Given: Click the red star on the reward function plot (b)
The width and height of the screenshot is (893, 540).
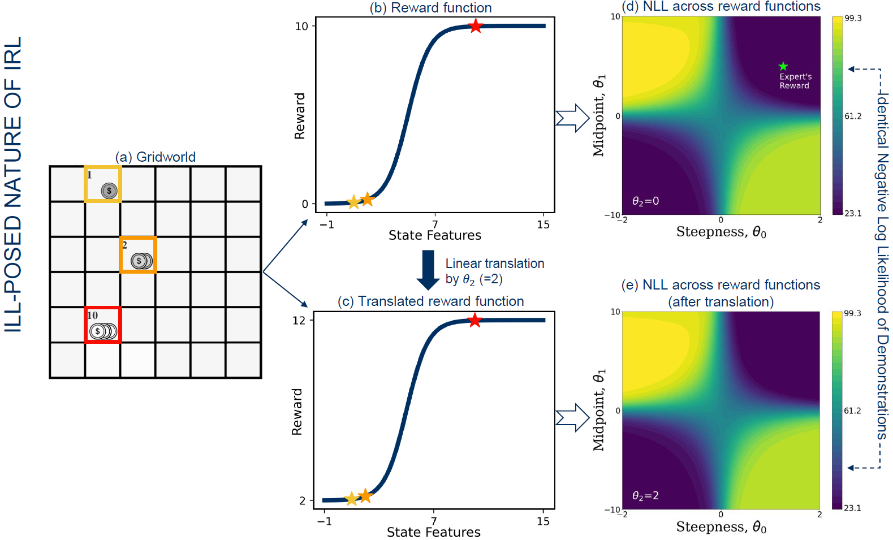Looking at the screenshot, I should tap(476, 26).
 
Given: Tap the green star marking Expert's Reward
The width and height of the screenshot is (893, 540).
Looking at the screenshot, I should tap(783, 66).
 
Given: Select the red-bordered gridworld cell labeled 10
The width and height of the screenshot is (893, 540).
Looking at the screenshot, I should tap(103, 325).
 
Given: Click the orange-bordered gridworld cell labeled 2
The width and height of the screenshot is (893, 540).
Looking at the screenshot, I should tap(138, 254).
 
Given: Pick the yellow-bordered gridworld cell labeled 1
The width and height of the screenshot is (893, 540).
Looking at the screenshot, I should tap(103, 184).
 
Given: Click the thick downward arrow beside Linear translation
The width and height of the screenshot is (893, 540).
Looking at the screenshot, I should tap(428, 270).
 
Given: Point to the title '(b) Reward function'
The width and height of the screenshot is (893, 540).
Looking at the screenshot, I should tap(430, 8).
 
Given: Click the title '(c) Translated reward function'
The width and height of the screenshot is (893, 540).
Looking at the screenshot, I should tap(430, 301).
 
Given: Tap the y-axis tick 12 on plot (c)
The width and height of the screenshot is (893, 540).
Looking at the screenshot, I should tap(299, 321).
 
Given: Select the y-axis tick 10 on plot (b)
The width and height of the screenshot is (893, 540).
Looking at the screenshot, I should tap(301, 27).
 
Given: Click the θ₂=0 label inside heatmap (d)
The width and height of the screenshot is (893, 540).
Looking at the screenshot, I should tap(645, 201).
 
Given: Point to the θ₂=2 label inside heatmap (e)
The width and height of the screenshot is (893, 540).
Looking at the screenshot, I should tap(645, 496).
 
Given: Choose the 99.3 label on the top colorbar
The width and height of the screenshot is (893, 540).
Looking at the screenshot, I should tap(853, 18).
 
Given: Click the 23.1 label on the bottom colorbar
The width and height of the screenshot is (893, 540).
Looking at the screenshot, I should tap(852, 508).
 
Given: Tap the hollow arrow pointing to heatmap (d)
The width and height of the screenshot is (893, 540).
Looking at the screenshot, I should tap(572, 118).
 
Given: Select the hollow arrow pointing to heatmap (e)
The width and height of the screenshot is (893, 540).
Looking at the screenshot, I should tap(572, 418).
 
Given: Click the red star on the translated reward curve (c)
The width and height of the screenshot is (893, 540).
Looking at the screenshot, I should tap(474, 321).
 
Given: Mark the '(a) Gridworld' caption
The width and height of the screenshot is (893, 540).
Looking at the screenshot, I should tap(156, 157).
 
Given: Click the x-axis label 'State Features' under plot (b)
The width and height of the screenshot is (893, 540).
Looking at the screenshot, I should tap(434, 235).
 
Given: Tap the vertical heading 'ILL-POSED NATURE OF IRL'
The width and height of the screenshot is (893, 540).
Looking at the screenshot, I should tap(13, 184).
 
